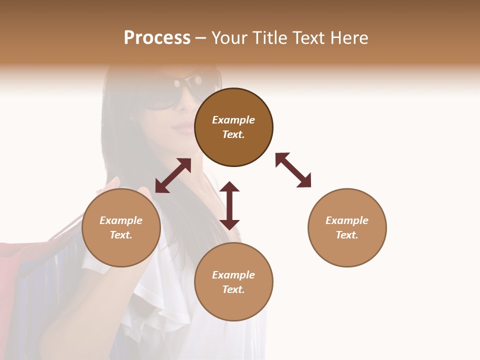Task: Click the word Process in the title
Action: point(157,38)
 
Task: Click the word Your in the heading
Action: point(231,38)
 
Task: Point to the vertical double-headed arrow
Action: point(229,205)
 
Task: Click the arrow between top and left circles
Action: point(173,175)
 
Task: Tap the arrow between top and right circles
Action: point(293,170)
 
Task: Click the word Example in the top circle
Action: point(233,120)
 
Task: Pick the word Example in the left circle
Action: point(121,220)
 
